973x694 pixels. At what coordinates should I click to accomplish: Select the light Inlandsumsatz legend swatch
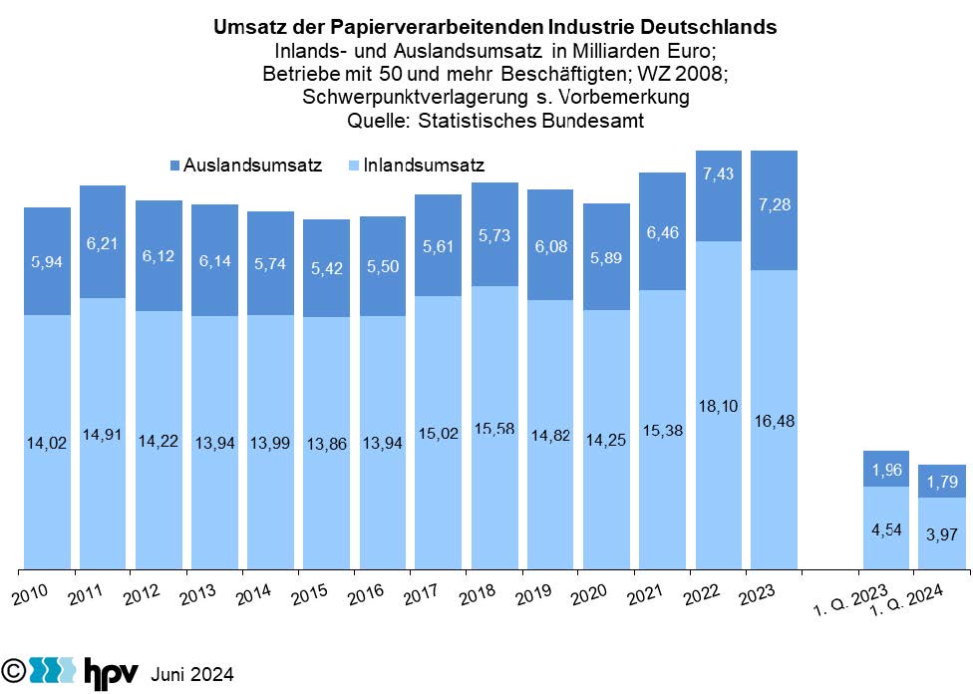coord(354,165)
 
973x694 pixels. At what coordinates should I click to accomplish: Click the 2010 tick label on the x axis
coord(31,595)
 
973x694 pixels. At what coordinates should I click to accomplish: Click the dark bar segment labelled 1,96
coord(885,469)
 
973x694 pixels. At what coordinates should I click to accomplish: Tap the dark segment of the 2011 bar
coord(103,241)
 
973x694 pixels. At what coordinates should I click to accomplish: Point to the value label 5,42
coord(326,269)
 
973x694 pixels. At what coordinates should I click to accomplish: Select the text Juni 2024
coord(191,675)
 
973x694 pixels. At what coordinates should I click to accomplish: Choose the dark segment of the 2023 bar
coord(773,210)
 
